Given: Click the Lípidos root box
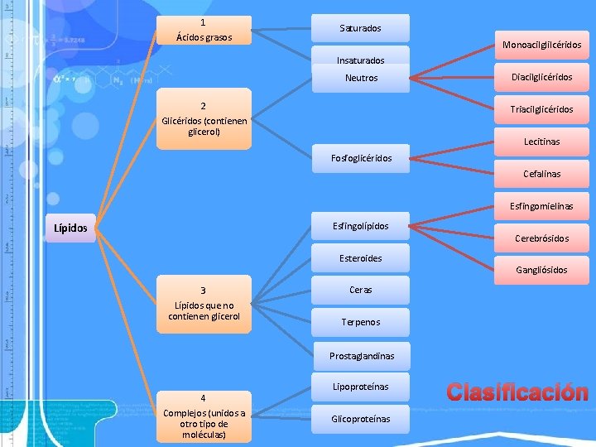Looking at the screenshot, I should tap(70, 228).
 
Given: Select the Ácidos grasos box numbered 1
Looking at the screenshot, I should tap(204, 31).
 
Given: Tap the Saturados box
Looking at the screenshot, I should tap(361, 28).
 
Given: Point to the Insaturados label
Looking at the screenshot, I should tap(361, 60).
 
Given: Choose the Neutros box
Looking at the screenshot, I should tap(361, 78).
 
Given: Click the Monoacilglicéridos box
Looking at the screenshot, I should tap(541, 45).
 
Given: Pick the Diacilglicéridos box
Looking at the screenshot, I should tap(541, 77).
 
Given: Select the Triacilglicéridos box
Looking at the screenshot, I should tap(541, 109).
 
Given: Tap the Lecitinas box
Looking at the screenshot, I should tap(541, 142).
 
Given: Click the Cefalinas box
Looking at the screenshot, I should tap(541, 174).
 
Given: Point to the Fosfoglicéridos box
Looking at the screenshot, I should tap(361, 158).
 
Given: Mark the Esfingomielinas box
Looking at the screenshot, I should tap(541, 206).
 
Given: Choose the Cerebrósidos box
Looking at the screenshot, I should tap(541, 238).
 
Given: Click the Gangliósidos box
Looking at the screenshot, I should tap(541, 270).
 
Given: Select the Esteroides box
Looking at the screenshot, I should tap(361, 257).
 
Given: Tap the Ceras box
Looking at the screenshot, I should tap(361, 290).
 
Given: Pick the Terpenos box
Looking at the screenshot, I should tap(361, 322).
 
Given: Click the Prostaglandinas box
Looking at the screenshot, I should tap(361, 356).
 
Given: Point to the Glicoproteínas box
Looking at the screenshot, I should tap(361, 419).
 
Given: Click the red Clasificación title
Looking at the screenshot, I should tap(517, 392).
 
